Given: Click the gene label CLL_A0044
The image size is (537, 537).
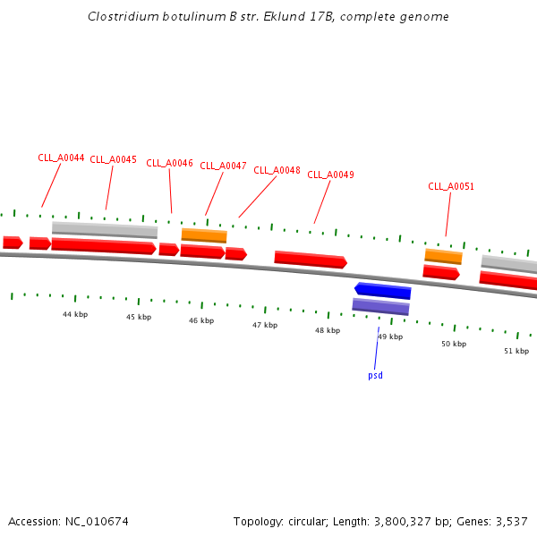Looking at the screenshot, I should click(x=61, y=158).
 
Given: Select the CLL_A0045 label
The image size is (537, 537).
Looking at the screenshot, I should click(x=114, y=159).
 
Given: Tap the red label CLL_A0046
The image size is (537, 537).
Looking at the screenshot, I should click(x=169, y=163).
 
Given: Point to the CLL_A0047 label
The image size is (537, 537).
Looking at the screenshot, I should click(x=223, y=166).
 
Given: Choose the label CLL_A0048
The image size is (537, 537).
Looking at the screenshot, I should click(x=277, y=170).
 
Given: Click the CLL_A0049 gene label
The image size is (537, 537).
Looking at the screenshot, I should click(x=330, y=175).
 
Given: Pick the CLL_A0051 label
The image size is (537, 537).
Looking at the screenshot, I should click(x=451, y=186).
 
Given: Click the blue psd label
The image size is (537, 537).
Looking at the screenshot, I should click(x=375, y=375).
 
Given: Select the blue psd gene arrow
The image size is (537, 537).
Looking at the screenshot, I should click(x=383, y=291).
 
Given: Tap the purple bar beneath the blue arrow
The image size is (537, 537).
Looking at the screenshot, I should click(x=380, y=306).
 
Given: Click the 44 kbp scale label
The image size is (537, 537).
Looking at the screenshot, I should click(x=75, y=314).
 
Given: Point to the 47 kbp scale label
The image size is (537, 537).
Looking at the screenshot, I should click(x=265, y=325).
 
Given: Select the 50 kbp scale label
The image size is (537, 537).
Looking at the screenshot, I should click(x=454, y=344).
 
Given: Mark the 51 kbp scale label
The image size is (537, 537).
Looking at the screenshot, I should click(x=516, y=351).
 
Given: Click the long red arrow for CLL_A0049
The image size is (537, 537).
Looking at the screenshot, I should click(x=310, y=260).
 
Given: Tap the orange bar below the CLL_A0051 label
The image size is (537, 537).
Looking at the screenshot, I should click(x=443, y=256).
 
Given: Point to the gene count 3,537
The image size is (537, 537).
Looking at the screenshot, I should click(x=511, y=521).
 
